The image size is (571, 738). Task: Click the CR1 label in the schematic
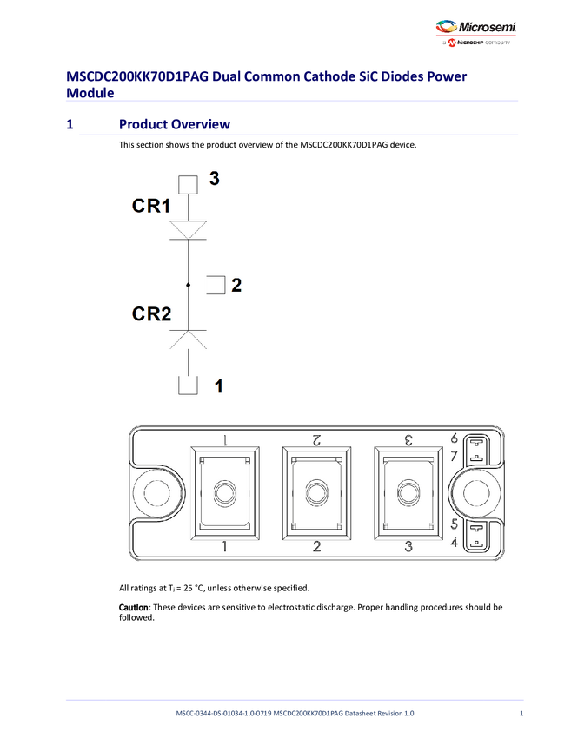151,206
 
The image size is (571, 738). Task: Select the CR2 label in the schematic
151,313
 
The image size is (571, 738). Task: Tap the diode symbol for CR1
188,229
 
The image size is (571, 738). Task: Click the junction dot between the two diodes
188,285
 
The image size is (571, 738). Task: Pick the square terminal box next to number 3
188,184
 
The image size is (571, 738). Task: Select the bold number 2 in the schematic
236,285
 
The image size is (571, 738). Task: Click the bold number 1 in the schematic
219,386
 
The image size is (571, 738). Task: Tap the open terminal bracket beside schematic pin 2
216,285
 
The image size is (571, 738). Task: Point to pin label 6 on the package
454,438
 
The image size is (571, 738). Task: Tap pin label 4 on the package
454,544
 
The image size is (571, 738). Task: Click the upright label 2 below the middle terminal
316,546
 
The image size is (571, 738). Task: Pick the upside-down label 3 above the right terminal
408,440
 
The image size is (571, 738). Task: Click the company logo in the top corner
448,29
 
